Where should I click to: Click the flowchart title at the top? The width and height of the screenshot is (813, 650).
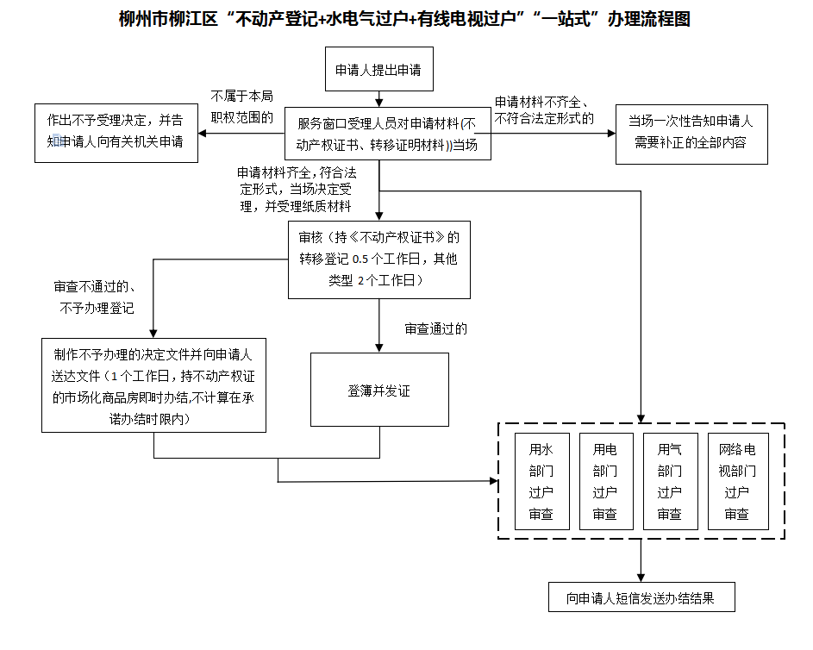[404, 19]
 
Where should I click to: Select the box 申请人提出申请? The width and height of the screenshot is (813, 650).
[378, 69]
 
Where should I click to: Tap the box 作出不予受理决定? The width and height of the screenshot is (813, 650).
[116, 131]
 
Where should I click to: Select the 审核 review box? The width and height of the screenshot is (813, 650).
[379, 258]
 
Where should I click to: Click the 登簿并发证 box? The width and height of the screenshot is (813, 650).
[379, 390]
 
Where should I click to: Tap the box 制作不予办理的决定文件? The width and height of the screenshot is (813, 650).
[153, 385]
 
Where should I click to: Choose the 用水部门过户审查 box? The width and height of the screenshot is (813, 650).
[541, 481]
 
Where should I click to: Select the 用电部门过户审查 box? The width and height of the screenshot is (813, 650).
[605, 481]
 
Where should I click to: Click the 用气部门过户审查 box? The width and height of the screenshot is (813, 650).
[670, 481]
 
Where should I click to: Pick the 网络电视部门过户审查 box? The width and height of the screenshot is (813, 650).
[737, 481]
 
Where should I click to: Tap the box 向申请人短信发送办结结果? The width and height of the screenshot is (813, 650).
[641, 597]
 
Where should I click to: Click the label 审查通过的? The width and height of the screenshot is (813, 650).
[436, 328]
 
